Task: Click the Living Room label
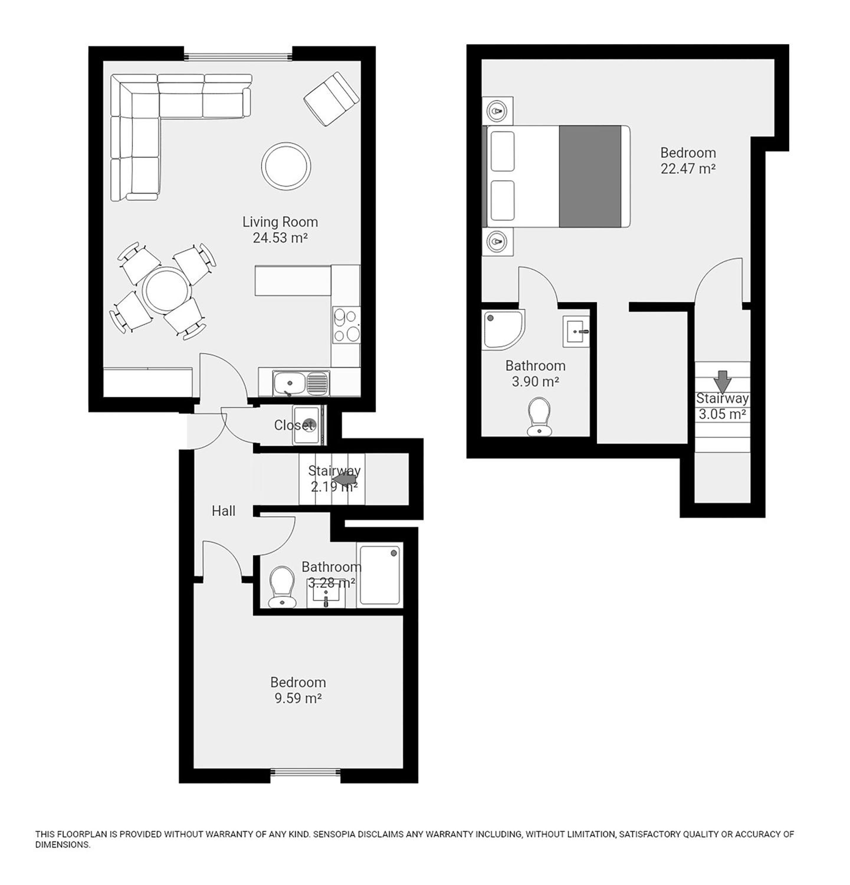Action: pos(280,222)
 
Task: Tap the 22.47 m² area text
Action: pos(688,168)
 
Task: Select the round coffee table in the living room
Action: pos(286,166)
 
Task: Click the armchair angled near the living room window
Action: pos(331,99)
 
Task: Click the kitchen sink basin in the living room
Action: pos(289,383)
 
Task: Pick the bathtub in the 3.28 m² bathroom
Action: pos(379,575)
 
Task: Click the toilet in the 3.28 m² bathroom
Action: pos(282,587)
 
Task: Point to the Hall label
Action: pos(224,511)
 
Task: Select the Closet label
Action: pos(293,425)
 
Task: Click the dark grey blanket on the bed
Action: pos(590,176)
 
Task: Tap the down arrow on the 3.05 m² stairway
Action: pos(722,381)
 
